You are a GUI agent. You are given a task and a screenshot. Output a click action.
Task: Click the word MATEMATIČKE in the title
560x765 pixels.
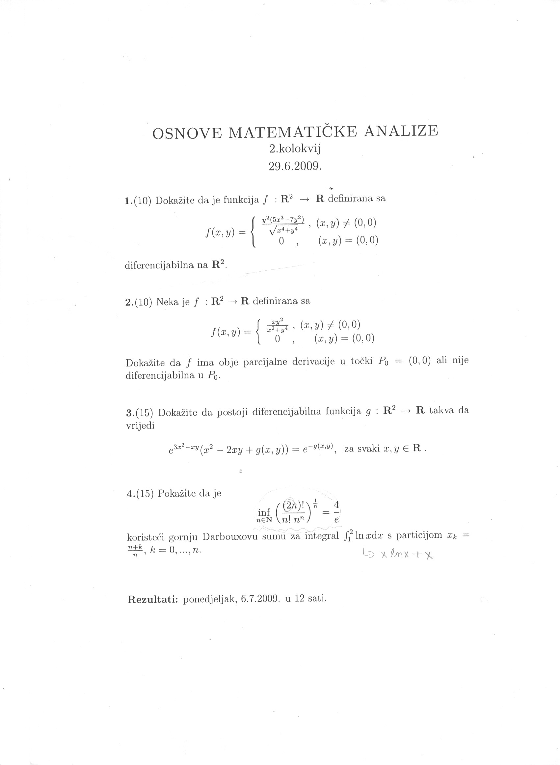tap(293, 132)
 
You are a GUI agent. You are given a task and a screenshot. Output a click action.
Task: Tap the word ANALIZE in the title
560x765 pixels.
tap(401, 131)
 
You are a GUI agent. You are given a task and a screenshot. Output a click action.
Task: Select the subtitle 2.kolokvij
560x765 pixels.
tap(295, 149)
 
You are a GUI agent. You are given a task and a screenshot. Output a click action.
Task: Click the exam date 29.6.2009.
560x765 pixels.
tap(295, 166)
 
